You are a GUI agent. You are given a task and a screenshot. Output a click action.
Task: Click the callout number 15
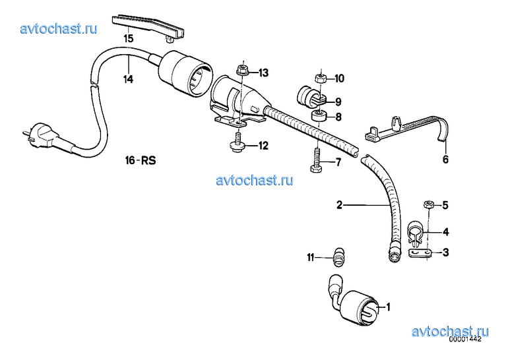(x=129, y=38)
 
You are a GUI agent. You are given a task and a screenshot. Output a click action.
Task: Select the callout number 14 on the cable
(x=128, y=79)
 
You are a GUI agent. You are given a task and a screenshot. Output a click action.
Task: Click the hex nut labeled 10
(x=321, y=78)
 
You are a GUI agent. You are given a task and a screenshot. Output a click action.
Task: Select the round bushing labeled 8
(x=319, y=116)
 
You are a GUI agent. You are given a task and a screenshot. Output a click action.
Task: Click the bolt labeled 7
(x=316, y=161)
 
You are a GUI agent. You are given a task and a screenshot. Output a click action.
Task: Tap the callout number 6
(x=445, y=159)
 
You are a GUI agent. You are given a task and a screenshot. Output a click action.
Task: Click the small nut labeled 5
(x=429, y=204)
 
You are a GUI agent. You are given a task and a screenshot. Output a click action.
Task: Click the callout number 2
(x=339, y=205)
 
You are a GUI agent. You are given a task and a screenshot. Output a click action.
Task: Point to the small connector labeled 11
(x=338, y=256)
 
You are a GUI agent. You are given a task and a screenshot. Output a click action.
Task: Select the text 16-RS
(x=140, y=160)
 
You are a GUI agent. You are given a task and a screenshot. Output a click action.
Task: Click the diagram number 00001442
(x=464, y=339)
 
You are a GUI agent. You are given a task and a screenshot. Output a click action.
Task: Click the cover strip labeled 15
(x=148, y=27)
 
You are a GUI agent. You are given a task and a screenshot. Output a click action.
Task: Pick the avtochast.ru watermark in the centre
(x=255, y=180)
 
